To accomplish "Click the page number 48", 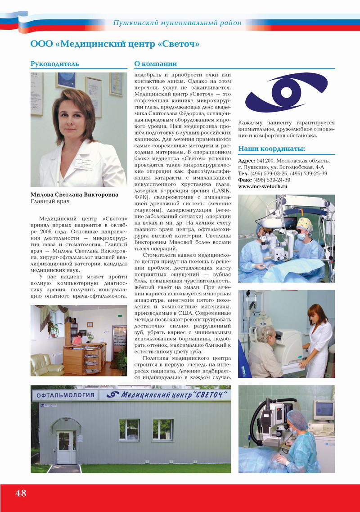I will (x=21, y=493).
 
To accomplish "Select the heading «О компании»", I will (x=156, y=64).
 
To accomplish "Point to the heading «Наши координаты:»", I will (x=271, y=149).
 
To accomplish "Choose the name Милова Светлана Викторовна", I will (x=74, y=195).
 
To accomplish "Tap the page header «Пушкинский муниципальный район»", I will (x=177, y=23).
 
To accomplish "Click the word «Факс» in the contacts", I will (x=246, y=180).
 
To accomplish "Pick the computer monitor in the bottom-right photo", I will (x=324, y=409).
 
